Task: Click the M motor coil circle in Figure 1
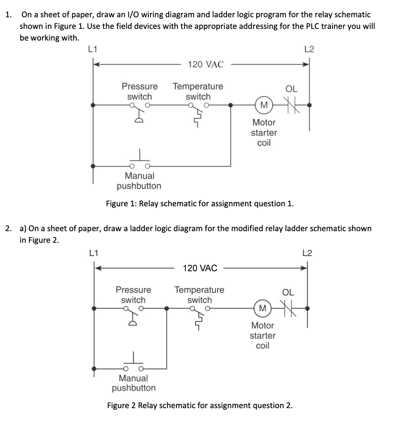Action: pyautogui.click(x=263, y=105)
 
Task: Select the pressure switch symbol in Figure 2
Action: pyautogui.click(x=134, y=313)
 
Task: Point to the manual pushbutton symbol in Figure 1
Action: pyautogui.click(x=140, y=161)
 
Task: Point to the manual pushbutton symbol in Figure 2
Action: pyautogui.click(x=134, y=364)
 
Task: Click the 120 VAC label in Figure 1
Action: pyautogui.click(x=205, y=64)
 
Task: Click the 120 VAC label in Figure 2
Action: pyautogui.click(x=200, y=268)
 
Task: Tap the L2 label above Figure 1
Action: pyautogui.click(x=309, y=49)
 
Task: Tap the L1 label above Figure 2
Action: pyautogui.click(x=93, y=253)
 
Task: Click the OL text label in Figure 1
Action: pyautogui.click(x=291, y=88)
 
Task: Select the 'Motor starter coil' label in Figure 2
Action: pyautogui.click(x=262, y=336)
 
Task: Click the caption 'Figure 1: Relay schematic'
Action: pyautogui.click(x=199, y=203)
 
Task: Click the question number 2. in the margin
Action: pyautogui.click(x=8, y=228)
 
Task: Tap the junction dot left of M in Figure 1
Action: pyautogui.click(x=230, y=105)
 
